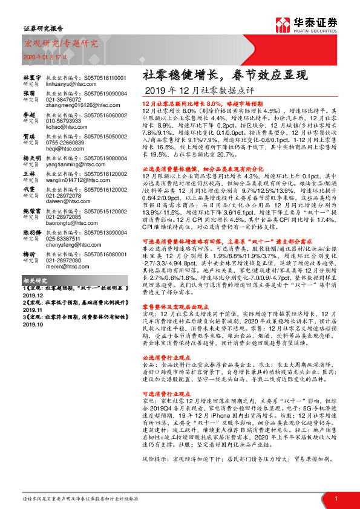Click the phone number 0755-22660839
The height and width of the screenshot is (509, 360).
65,141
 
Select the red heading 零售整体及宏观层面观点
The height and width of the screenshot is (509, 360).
175,307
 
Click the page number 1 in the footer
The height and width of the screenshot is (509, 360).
335,498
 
